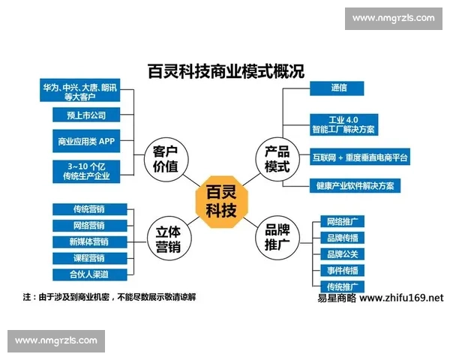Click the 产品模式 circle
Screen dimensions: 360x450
coord(277,158)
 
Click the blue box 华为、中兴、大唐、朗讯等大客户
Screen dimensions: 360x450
coord(79,91)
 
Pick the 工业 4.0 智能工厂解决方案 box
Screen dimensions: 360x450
coord(343,124)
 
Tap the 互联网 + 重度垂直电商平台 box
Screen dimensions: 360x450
coord(361,157)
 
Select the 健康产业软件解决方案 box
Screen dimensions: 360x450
coord(355,185)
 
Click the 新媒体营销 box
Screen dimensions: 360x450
coord(89,241)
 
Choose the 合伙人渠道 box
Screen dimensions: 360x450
coord(89,274)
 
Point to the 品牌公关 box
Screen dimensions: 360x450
coord(342,253)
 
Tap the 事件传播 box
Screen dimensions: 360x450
coord(342,270)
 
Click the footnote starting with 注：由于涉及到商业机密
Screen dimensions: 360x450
coord(109,297)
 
